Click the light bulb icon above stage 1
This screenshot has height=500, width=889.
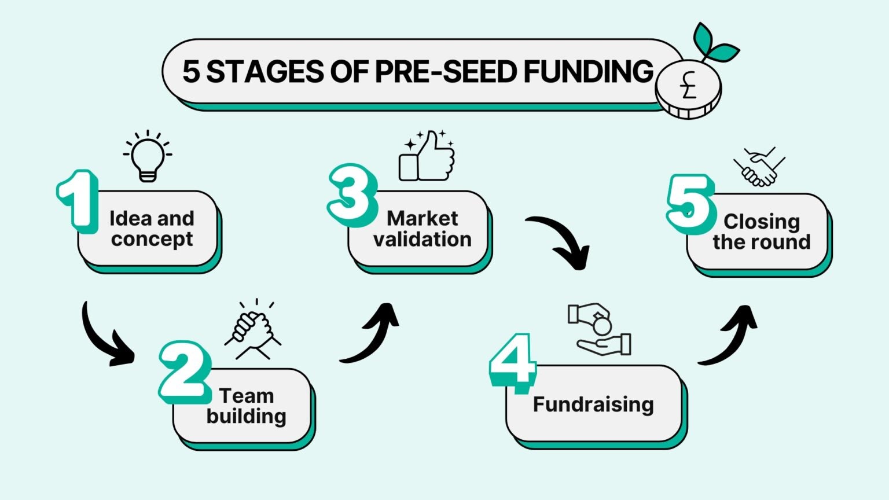148,156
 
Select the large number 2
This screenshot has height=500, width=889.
183,373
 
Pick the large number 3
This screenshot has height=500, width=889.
351,195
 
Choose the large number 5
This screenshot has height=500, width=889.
689,203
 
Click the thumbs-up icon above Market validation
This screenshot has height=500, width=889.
427,156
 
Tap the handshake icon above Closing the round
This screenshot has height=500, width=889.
759,167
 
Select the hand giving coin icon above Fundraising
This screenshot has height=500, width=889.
600,329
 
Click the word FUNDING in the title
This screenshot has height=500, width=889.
588,72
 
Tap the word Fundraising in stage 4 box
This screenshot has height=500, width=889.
593,404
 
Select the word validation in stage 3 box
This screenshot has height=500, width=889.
422,239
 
